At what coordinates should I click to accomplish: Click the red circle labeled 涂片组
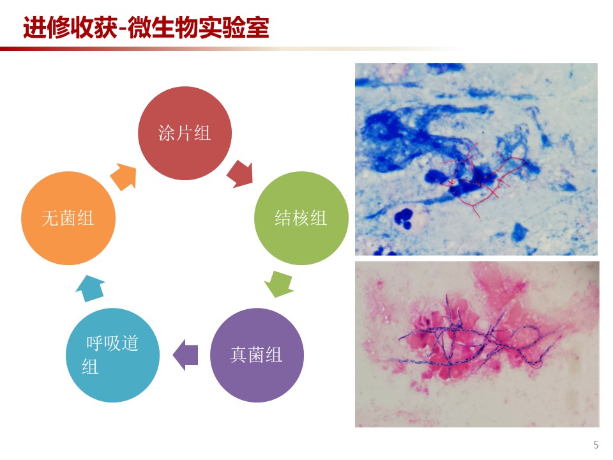pos(185,134)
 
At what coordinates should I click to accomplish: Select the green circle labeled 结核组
pos(301,218)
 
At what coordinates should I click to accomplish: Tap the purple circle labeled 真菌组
pos(257,355)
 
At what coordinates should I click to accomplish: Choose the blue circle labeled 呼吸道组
pos(112,355)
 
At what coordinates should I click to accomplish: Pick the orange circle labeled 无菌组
pos(68,218)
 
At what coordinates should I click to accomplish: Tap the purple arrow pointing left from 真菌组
pos(185,355)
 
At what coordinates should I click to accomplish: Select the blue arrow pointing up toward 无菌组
pos(90,288)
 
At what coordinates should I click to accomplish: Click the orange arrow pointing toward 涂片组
pos(123,177)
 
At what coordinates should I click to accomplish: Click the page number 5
pos(596,445)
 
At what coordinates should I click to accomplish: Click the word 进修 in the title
pos(47,27)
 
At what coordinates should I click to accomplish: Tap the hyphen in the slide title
pos(123,29)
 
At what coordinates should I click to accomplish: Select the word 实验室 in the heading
pos(234,27)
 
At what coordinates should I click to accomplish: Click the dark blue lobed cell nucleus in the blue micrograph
pos(403,218)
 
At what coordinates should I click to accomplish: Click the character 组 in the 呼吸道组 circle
pos(90,367)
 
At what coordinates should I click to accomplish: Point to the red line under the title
pos(231,49)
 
